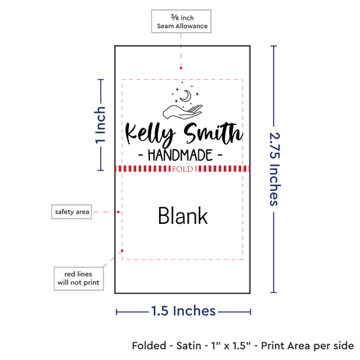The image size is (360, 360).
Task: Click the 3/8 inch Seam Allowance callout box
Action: click(181, 22)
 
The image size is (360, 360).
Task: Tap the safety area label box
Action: click(71, 211)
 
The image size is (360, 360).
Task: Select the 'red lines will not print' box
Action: click(79, 278)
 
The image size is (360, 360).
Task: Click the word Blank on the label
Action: click(183, 215)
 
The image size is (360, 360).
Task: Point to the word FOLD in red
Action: click(183, 170)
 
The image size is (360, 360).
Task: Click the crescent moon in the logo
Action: click(186, 96)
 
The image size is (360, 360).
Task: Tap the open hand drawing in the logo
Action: click(183, 112)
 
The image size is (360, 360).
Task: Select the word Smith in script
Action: click(213, 133)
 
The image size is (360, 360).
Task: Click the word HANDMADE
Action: click(180, 155)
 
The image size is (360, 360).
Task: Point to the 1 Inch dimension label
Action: click(100, 125)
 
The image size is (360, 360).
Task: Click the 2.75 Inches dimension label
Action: click(275, 169)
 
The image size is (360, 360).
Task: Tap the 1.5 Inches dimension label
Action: click(183, 311)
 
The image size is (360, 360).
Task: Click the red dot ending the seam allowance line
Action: click(181, 68)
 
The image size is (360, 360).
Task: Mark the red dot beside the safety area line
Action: click(118, 212)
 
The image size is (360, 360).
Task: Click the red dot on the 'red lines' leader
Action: click(122, 251)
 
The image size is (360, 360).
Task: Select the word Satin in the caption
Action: click(189, 346)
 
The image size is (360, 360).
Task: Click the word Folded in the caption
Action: click(149, 346)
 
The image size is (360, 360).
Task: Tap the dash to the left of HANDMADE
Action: click(141, 155)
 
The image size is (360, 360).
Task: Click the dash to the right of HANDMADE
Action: click(220, 155)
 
